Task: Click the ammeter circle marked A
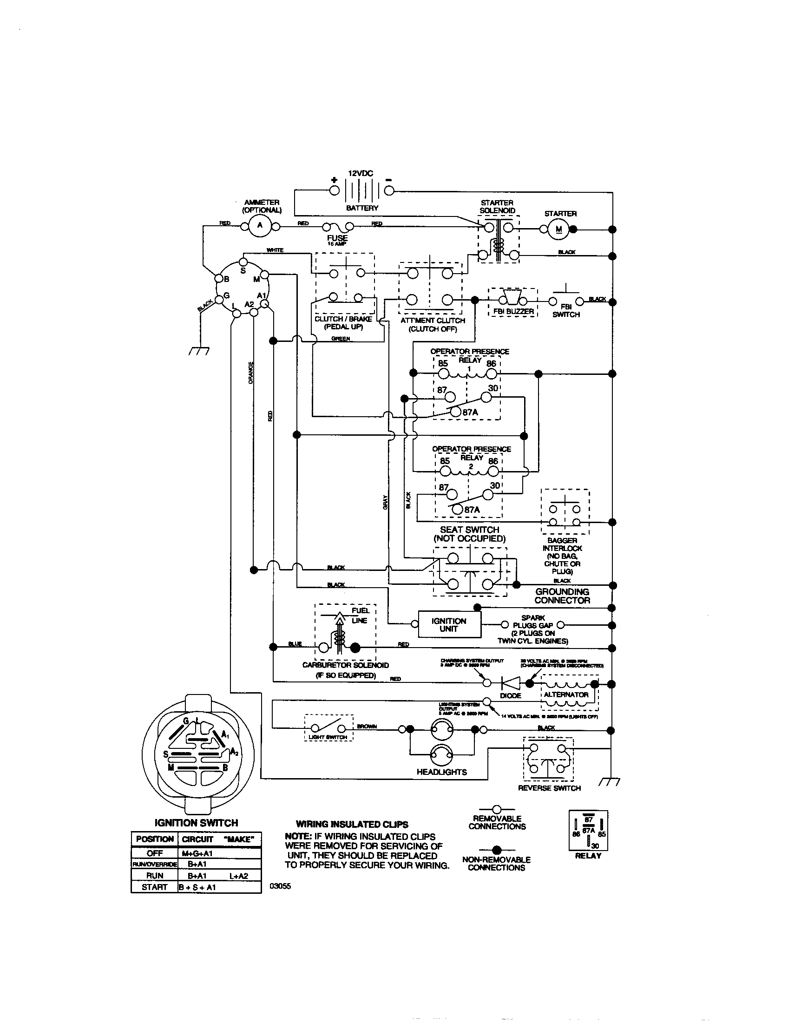pos(260,226)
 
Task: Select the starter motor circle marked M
pos(559,229)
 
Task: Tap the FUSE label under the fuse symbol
pos(337,238)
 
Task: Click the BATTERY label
pos(362,208)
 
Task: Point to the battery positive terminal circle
pos(334,190)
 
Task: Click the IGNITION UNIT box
pos(449,624)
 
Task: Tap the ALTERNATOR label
pos(566,694)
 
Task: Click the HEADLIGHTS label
pos(441,772)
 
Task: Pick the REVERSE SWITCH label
pos(549,788)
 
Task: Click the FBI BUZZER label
pos(513,311)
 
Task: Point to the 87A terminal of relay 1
pos(455,411)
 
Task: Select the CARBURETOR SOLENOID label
pos(345,665)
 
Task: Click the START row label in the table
pos(154,887)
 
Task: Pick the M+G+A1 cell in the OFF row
pos(197,853)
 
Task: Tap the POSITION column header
pos(154,839)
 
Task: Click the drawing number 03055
pos(280,885)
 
